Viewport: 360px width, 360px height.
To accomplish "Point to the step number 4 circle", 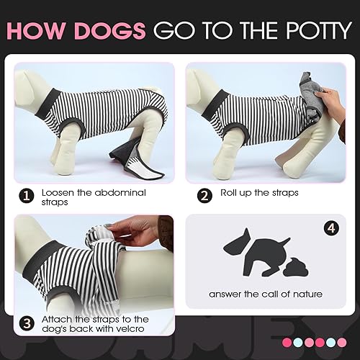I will pyautogui.click(x=333, y=229).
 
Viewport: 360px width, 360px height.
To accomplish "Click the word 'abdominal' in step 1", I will pyautogui.click(x=115, y=193).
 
